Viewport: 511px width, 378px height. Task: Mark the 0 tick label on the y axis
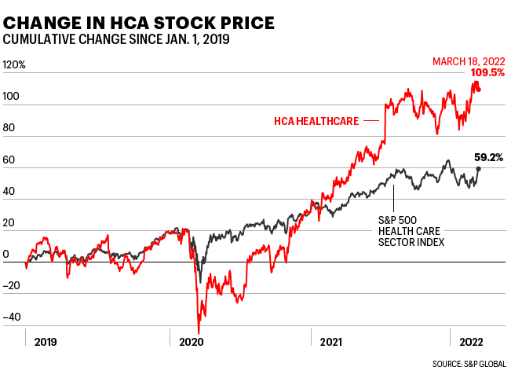click(x=6, y=255)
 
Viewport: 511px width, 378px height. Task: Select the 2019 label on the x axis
click(x=45, y=342)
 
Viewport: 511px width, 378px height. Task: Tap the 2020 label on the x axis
click(x=192, y=342)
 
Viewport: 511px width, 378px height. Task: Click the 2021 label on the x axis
click(x=333, y=342)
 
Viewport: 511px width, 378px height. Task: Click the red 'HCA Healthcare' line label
click(x=316, y=121)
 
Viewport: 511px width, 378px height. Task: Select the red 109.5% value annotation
click(x=487, y=73)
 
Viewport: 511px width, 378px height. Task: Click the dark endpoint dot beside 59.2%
click(x=479, y=168)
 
